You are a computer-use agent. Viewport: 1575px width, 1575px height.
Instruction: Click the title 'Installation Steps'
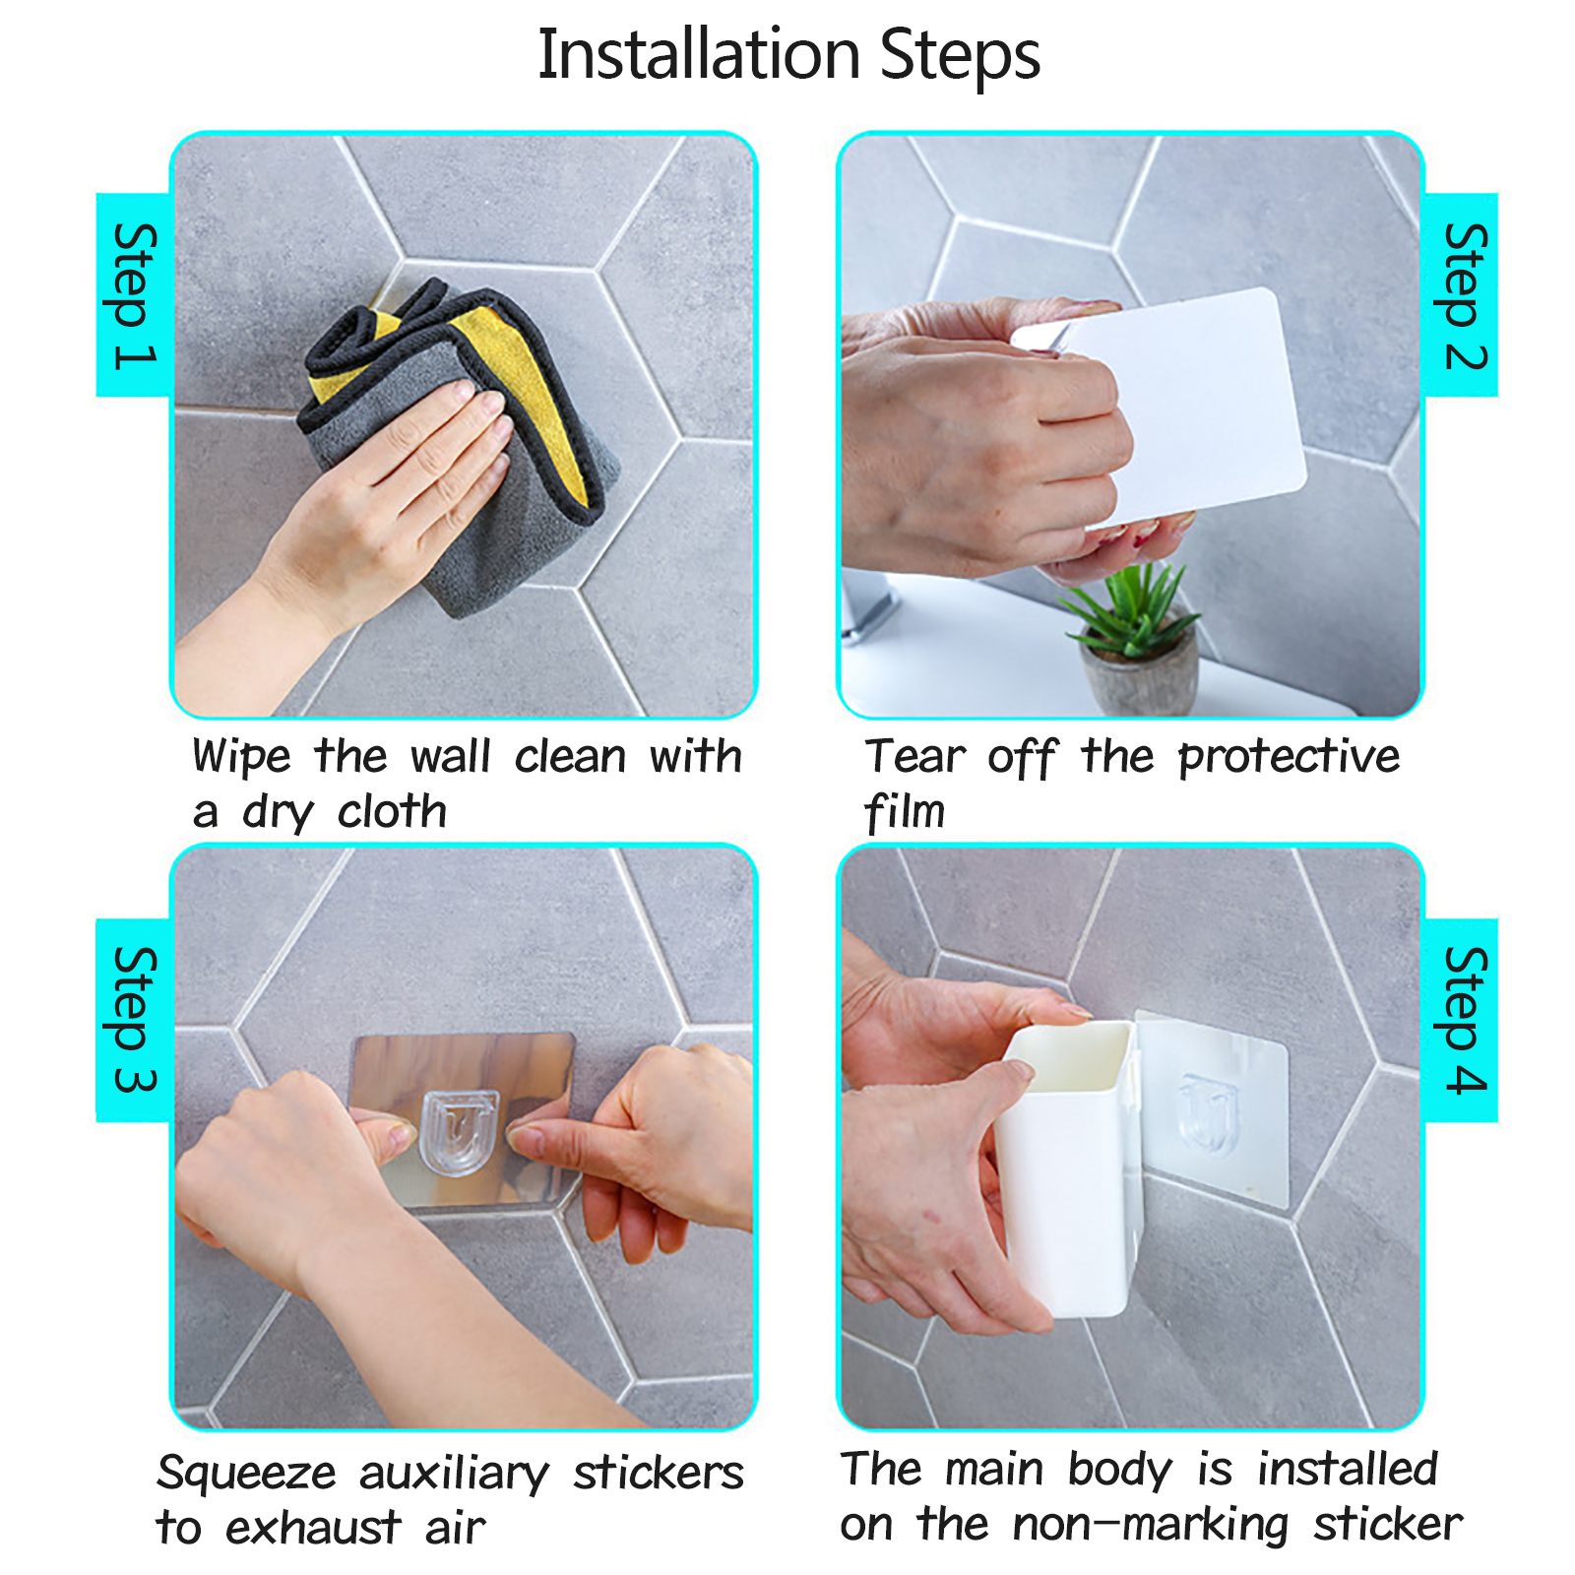click(788, 55)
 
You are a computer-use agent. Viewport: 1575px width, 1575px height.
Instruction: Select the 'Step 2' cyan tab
click(1461, 295)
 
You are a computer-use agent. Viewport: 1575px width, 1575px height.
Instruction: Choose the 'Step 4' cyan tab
click(1461, 1020)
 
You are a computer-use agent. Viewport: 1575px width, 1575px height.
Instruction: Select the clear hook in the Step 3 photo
click(460, 1132)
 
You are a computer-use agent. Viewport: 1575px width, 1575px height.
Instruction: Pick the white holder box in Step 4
click(1068, 1166)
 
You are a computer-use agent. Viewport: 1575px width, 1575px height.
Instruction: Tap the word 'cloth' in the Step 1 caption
click(392, 811)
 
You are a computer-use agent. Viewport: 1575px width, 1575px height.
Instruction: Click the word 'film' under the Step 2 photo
click(905, 813)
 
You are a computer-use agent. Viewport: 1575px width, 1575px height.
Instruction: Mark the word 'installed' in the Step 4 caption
click(1348, 1470)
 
